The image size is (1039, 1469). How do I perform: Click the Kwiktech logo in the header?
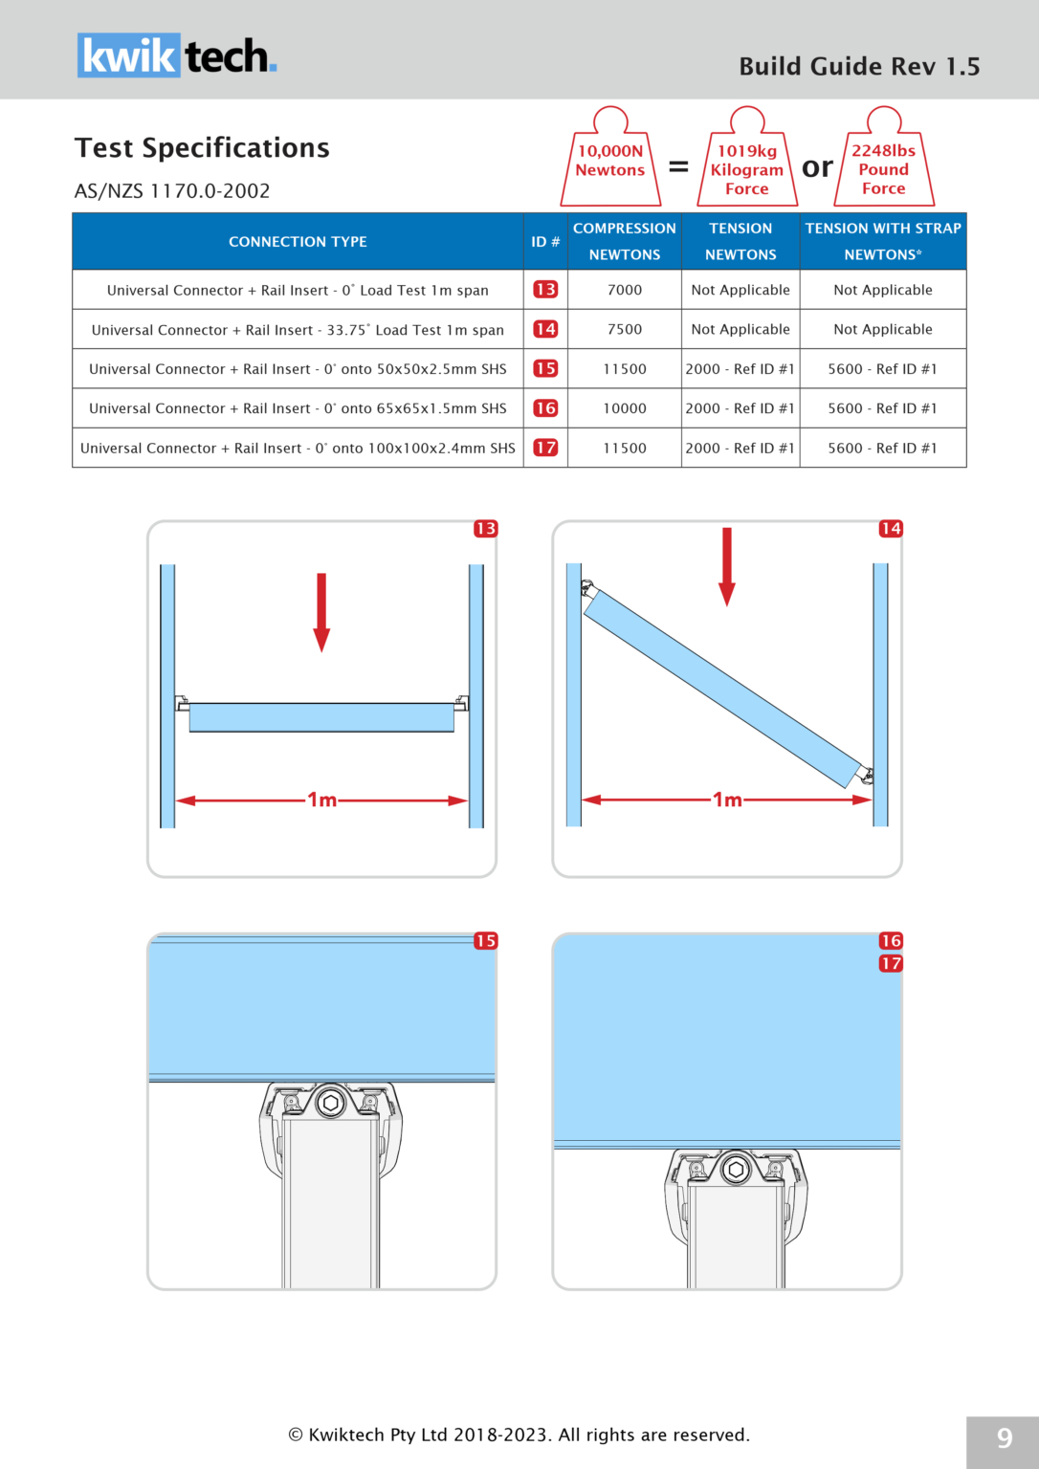point(177,55)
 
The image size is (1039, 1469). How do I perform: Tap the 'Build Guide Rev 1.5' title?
point(859,66)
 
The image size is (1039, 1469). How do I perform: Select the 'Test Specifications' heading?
point(202,148)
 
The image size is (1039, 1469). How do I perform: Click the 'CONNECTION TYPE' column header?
point(298,242)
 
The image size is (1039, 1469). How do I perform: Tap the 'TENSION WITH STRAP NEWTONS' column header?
point(882,241)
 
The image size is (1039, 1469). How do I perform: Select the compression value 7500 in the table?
point(625,329)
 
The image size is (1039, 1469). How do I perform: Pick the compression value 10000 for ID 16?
point(625,408)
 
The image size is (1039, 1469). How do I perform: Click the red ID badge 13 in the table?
point(545,290)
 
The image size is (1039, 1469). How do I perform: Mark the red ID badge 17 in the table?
point(545,448)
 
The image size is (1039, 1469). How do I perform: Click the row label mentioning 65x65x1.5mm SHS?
point(298,408)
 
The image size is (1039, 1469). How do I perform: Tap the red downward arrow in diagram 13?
point(321,612)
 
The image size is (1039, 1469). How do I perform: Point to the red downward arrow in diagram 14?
point(727,566)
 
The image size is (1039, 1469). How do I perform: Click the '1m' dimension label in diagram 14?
point(727,800)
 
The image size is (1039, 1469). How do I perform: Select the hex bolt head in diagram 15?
point(331,1103)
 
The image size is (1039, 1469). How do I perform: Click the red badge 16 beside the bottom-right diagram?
point(891,941)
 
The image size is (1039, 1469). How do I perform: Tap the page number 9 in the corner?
point(1004,1439)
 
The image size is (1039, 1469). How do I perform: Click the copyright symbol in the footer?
point(296,1435)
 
